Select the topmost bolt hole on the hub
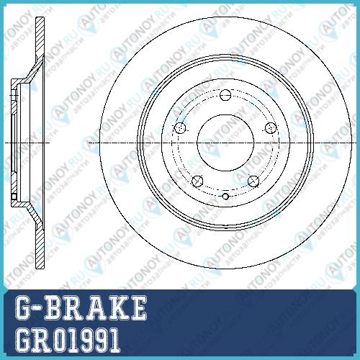click(x=225, y=95)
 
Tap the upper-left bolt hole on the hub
click(x=180, y=128)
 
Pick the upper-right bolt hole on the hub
click(x=271, y=128)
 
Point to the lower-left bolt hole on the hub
click(x=197, y=181)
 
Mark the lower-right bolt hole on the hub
click(x=253, y=181)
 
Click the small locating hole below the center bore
click(x=225, y=197)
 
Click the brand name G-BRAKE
click(x=81, y=308)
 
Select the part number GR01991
click(x=68, y=340)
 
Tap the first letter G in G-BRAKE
click(x=24, y=308)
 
